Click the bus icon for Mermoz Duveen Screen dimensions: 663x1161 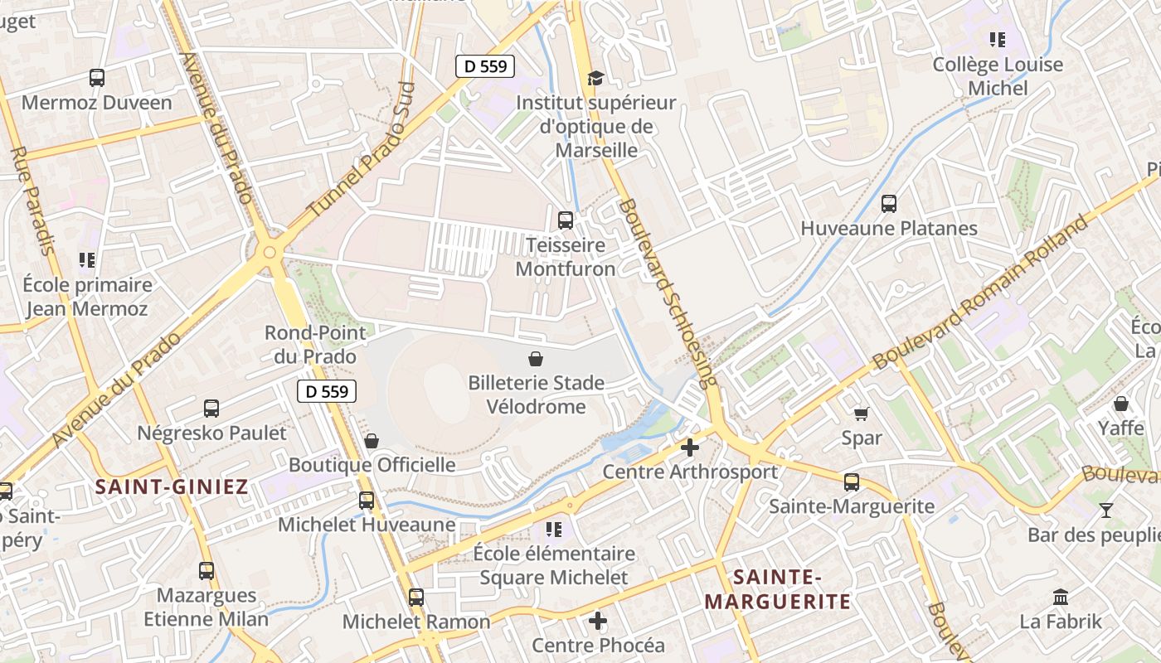[x=97, y=78]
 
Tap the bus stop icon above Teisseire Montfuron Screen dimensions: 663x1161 [x=566, y=220]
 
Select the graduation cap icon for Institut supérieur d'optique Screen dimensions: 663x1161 [x=595, y=78]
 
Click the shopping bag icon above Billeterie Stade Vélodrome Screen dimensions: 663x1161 [x=537, y=359]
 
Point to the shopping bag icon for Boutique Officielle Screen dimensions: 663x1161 [x=372, y=440]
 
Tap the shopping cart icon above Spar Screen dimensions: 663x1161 [x=862, y=413]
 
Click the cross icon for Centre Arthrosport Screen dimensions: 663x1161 [x=689, y=448]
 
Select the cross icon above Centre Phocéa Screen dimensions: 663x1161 [x=598, y=620]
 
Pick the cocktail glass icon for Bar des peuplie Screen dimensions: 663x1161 [x=1105, y=510]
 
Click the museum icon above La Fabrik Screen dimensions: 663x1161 [x=1061, y=596]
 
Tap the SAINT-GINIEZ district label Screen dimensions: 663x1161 [x=172, y=486]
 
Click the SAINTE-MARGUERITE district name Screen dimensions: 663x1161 [x=777, y=589]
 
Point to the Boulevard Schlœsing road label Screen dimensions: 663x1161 [x=668, y=293]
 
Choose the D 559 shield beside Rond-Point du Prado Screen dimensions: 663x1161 [x=327, y=391]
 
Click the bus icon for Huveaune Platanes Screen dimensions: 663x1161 [x=889, y=203]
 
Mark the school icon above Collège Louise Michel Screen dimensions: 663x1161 [x=998, y=39]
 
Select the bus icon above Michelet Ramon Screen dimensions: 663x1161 [x=416, y=597]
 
